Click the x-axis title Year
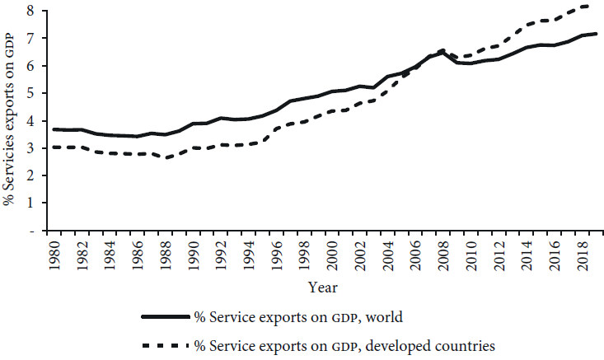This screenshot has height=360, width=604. click(x=321, y=288)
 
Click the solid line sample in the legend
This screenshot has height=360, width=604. click(x=164, y=316)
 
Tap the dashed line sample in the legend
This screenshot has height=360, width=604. click(x=164, y=344)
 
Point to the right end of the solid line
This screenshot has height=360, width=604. click(x=595, y=34)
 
